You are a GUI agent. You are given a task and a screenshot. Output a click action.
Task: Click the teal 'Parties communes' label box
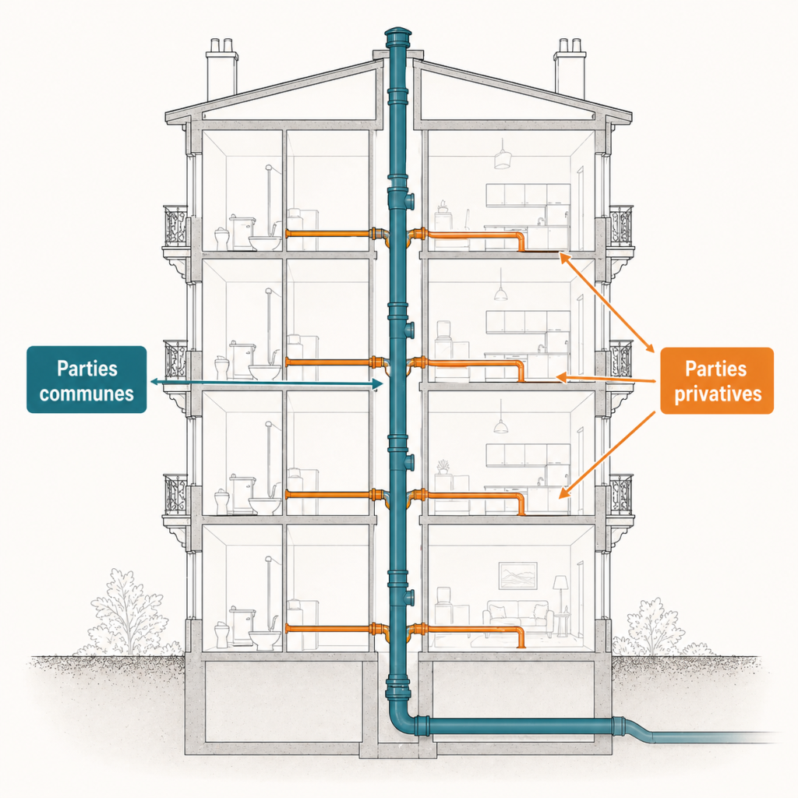pyautogui.click(x=87, y=380)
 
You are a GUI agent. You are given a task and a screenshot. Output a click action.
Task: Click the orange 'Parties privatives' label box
pyautogui.click(x=717, y=380)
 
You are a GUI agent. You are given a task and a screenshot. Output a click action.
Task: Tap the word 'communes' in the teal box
pyautogui.click(x=87, y=394)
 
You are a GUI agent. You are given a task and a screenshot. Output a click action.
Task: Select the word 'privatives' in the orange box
pyautogui.click(x=718, y=394)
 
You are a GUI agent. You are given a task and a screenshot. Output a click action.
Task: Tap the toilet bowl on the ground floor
pyautogui.click(x=264, y=639)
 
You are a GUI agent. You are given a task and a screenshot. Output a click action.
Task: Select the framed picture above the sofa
pyautogui.click(x=517, y=576)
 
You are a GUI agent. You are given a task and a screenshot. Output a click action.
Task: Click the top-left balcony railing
pyautogui.click(x=175, y=226)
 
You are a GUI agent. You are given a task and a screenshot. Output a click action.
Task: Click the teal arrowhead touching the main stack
pyautogui.click(x=378, y=384)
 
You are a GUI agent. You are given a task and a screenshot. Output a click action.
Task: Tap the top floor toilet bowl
pyautogui.click(x=264, y=242)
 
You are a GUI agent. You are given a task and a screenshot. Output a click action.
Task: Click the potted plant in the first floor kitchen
pyautogui.click(x=443, y=467)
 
